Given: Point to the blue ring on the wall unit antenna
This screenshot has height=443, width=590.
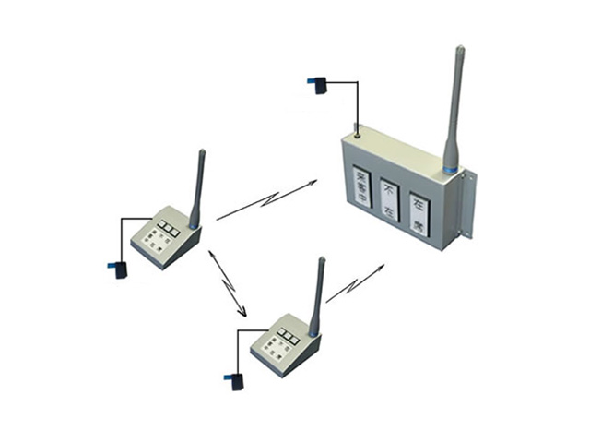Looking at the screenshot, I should [x=450, y=168].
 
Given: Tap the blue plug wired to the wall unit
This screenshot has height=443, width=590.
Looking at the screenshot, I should [x=317, y=86].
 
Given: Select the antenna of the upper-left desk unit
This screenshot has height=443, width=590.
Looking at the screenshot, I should [x=198, y=185].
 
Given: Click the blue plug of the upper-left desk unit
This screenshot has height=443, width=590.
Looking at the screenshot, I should [x=118, y=269].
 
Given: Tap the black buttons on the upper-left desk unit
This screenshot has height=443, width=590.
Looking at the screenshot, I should [x=170, y=226].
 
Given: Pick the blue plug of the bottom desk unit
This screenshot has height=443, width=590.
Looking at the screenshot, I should [x=235, y=379].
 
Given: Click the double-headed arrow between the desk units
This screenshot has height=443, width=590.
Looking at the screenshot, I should [x=228, y=282].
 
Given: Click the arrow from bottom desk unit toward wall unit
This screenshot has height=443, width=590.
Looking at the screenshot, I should [x=355, y=283].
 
